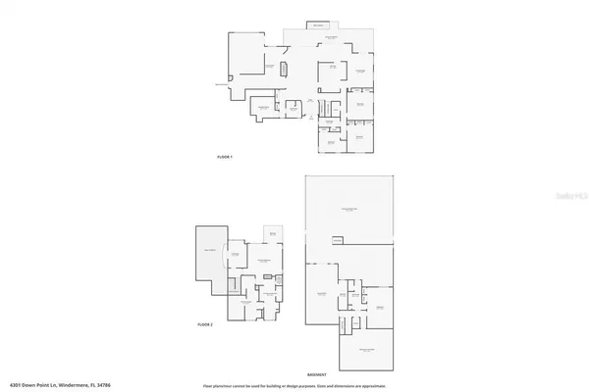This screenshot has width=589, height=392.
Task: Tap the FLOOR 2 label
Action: [x=205, y=323]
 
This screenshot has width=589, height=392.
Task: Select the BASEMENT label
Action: [x=316, y=374]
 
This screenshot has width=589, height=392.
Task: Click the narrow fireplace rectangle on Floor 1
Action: [x=285, y=70]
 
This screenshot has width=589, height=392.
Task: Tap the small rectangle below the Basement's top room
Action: [x=338, y=240]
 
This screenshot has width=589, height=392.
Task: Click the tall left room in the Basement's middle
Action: [x=319, y=294]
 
